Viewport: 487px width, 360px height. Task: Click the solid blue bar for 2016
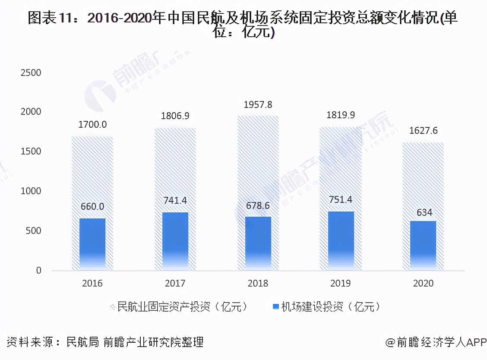point(92,244)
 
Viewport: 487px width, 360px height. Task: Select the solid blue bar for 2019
point(341,240)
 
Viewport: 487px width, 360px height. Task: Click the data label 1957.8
point(258,104)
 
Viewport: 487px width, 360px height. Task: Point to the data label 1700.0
point(92,125)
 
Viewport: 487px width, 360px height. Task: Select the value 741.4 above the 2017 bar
point(175,200)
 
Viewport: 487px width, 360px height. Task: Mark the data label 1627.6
point(423,130)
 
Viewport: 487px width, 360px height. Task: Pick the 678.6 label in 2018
point(258,205)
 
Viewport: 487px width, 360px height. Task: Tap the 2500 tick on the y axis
point(31,73)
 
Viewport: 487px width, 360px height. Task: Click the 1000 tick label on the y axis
point(31,191)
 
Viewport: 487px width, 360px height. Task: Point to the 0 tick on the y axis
point(38,271)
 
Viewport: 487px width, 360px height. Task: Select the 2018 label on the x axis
point(258,284)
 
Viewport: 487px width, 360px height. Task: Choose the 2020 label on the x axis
point(423,284)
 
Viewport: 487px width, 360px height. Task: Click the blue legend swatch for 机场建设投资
point(276,307)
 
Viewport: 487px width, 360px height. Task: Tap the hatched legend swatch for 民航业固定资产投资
point(113,307)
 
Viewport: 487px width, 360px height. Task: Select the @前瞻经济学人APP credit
point(436,343)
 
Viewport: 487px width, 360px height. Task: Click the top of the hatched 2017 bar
point(175,129)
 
